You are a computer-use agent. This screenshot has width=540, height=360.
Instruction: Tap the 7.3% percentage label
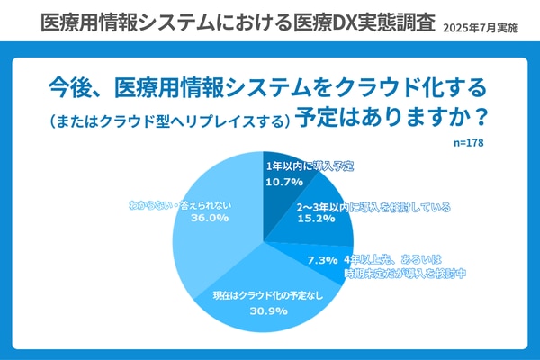322,260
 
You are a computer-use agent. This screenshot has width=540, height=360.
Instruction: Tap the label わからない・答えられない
180,203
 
